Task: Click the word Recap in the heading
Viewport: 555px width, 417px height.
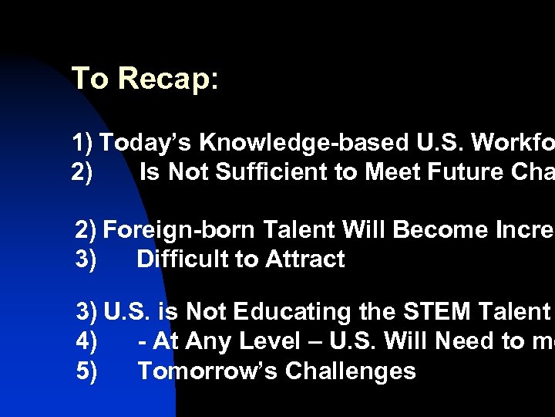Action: point(169,79)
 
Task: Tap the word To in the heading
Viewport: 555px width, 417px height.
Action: point(90,79)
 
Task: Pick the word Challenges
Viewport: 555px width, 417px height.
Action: point(351,371)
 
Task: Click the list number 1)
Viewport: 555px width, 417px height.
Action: point(82,143)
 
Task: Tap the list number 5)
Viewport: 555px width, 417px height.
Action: point(86,371)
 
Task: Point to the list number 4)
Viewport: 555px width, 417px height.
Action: point(86,341)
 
